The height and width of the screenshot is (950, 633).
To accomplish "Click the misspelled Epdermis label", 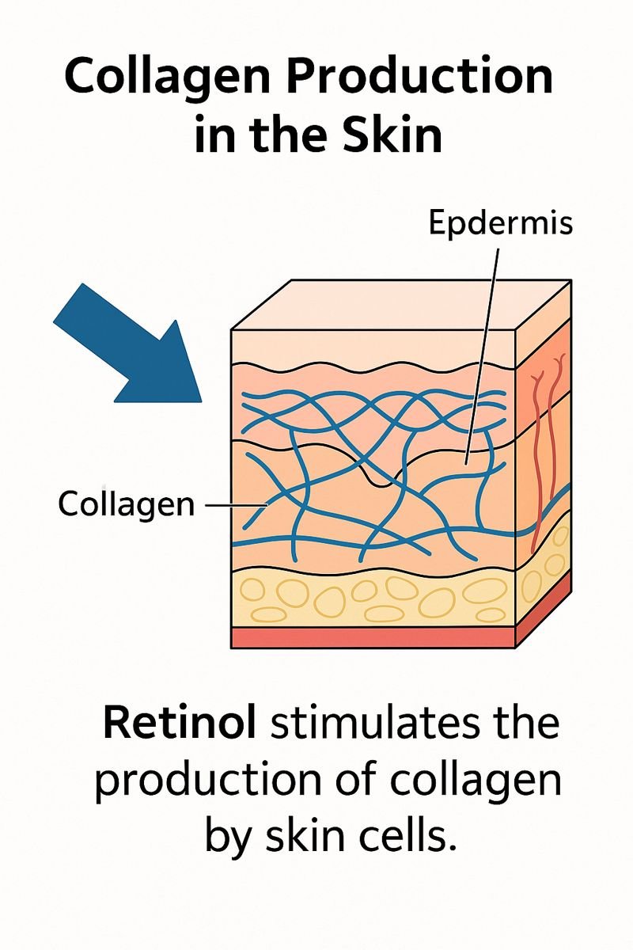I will (x=500, y=224).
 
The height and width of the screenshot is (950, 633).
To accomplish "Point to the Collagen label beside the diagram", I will (x=126, y=503).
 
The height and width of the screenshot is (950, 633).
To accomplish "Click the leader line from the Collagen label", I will (x=236, y=503).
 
